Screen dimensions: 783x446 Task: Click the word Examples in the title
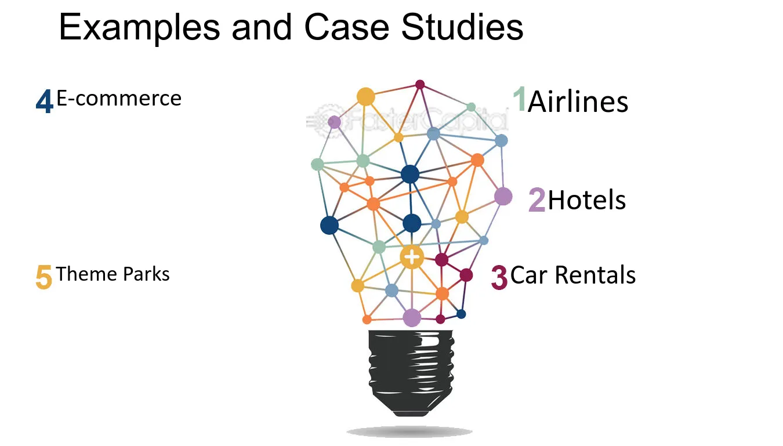click(140, 28)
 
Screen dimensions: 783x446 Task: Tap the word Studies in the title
click(462, 27)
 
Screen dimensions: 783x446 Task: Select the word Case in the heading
click(347, 27)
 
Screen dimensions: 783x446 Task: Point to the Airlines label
click(578, 101)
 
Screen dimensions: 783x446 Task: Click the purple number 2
click(536, 200)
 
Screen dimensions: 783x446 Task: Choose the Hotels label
click(586, 200)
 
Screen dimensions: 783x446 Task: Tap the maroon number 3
click(499, 278)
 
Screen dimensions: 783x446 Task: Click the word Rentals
click(595, 275)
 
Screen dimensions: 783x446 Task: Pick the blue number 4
click(45, 101)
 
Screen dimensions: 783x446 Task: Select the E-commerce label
click(119, 98)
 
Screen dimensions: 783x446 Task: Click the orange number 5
click(44, 277)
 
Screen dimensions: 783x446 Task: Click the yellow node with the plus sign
click(412, 258)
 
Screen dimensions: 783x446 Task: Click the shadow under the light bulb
click(409, 432)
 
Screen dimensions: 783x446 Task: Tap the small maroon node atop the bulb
click(420, 85)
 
